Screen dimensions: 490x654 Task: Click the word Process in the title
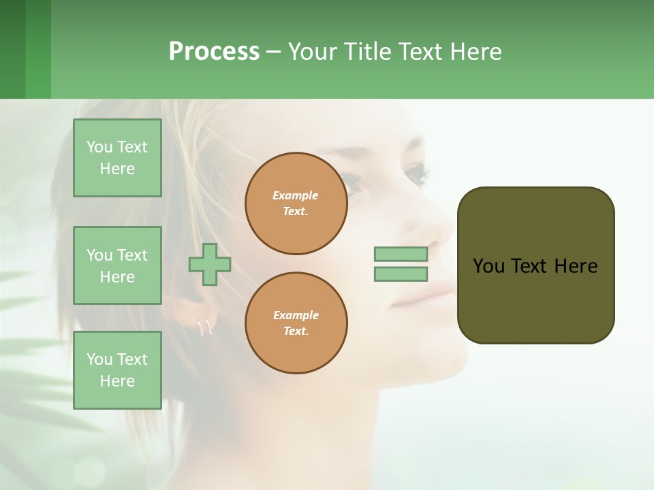214,52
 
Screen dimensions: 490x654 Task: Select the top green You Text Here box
117,158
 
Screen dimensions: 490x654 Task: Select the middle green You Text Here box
117,265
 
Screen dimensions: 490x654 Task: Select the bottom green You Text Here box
117,370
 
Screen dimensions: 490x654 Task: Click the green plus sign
210,264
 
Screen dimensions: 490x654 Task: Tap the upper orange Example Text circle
296,203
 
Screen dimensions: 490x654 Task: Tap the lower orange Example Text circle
296,323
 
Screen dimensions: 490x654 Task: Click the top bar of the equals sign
401,254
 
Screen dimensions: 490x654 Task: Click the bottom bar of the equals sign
401,274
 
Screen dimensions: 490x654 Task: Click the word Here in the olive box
576,266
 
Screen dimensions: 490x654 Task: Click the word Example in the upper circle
296,195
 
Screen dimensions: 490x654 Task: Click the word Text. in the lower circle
296,331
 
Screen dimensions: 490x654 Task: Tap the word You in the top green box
99,147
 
